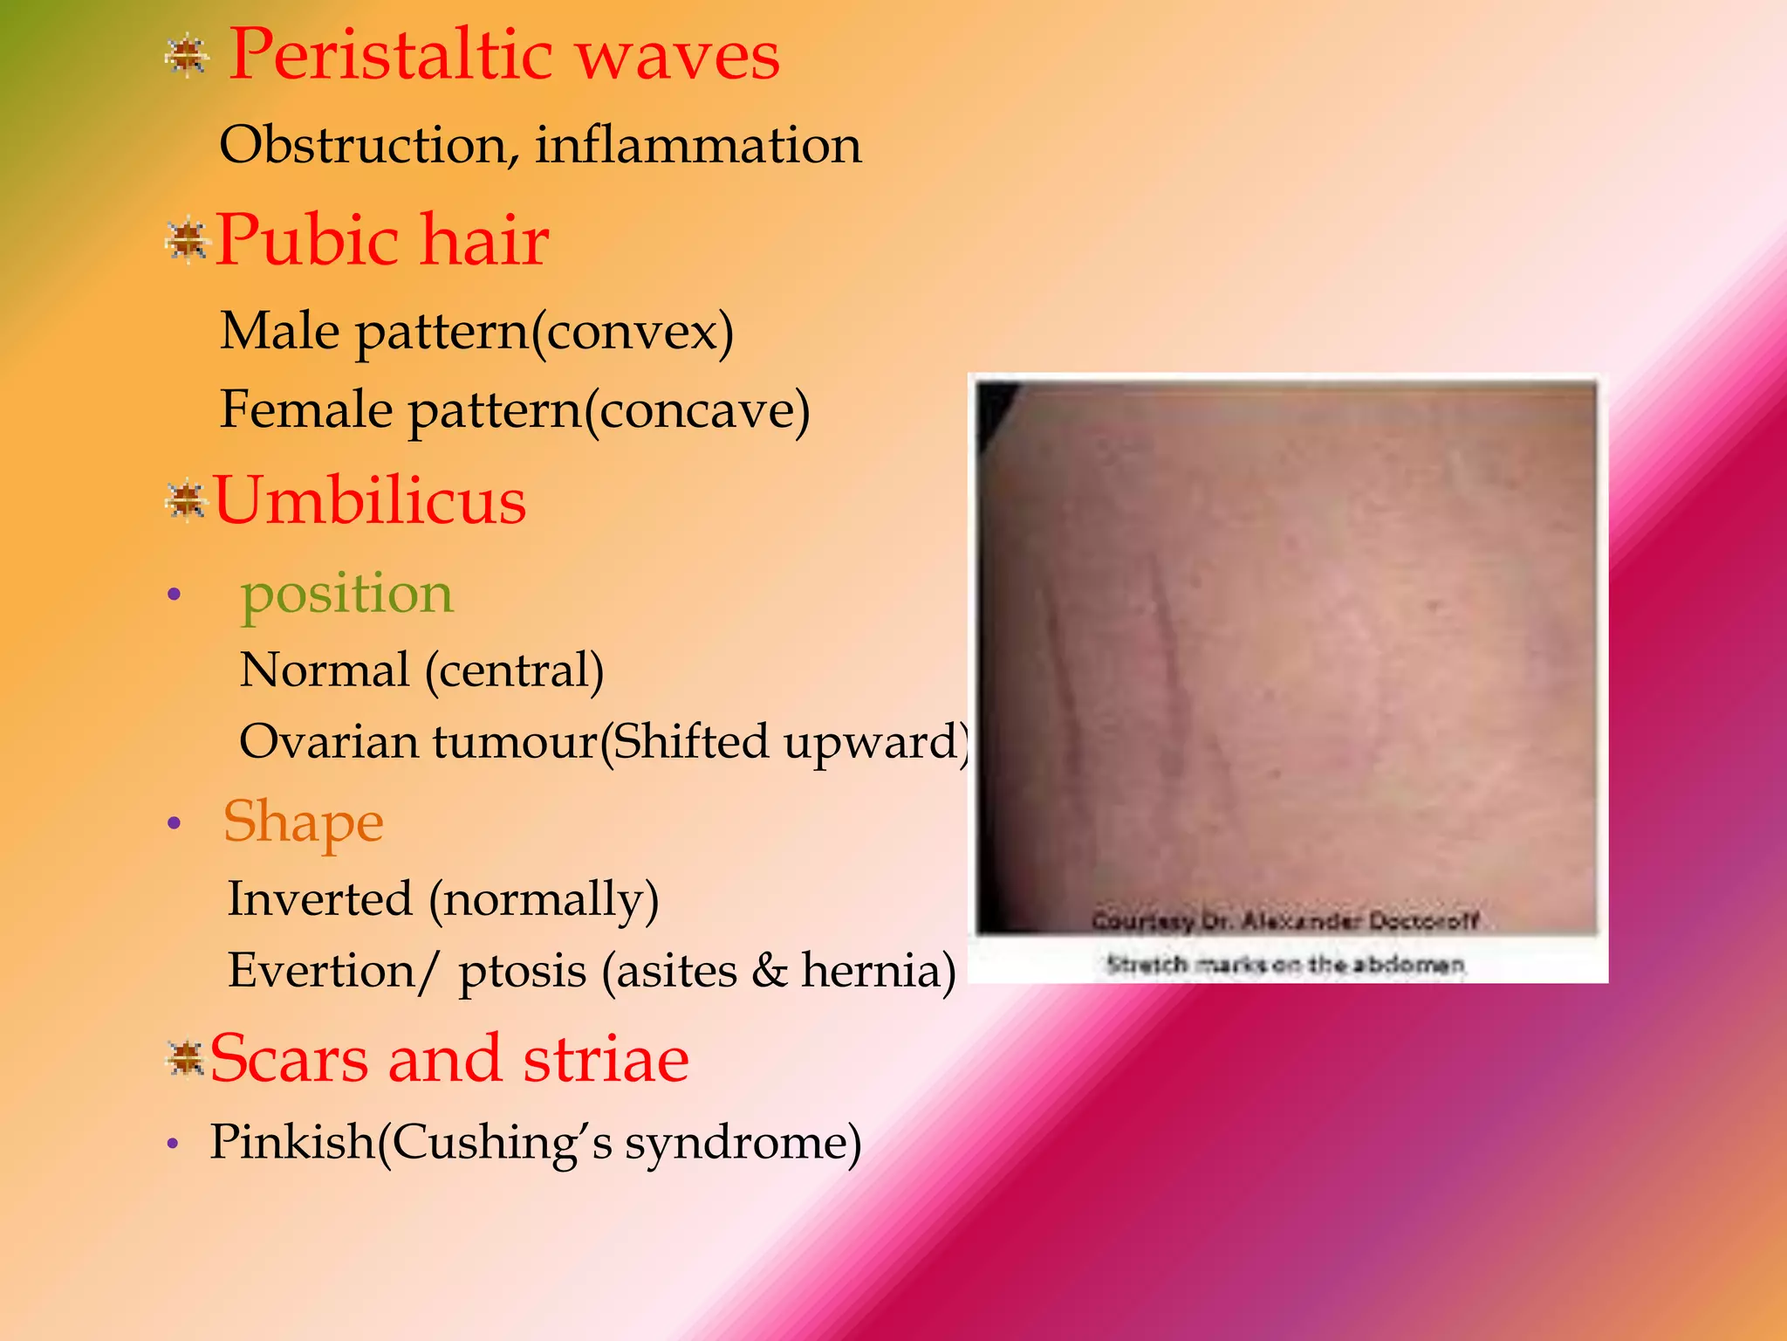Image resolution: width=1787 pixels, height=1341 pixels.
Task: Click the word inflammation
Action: pyautogui.click(x=698, y=145)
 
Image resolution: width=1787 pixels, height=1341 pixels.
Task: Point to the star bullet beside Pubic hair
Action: pyautogui.click(x=187, y=242)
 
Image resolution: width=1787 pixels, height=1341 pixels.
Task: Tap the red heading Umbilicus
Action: pyautogui.click(x=370, y=501)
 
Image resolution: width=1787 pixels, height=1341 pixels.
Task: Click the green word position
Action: pyautogui.click(x=346, y=595)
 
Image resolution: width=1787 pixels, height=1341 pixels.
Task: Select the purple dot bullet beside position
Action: pyautogui.click(x=175, y=595)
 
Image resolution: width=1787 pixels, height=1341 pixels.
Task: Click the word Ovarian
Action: pyautogui.click(x=329, y=742)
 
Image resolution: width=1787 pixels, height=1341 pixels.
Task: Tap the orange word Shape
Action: pyautogui.click(x=303, y=822)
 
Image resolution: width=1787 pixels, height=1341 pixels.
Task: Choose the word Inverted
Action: pyautogui.click(x=319, y=899)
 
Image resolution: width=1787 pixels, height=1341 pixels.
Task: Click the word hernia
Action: pyautogui.click(x=878, y=971)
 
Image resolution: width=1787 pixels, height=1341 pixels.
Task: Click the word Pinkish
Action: pyautogui.click(x=293, y=1142)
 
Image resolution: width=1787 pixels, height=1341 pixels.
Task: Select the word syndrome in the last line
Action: pyautogui.click(x=743, y=1142)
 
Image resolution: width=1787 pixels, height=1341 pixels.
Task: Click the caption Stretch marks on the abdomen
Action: pyautogui.click(x=1285, y=965)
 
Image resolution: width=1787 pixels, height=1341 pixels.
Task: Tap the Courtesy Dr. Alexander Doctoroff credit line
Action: pyautogui.click(x=1285, y=921)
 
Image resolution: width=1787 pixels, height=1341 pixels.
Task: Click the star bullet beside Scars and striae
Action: pyautogui.click(x=186, y=1060)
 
